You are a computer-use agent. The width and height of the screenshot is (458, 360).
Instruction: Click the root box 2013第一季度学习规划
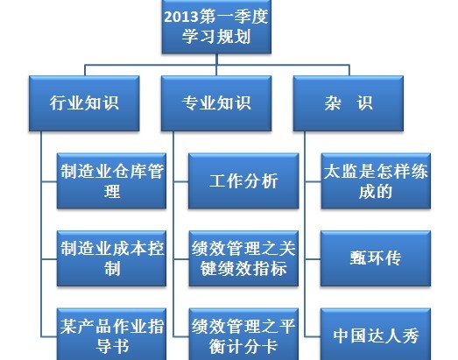coord(216,26)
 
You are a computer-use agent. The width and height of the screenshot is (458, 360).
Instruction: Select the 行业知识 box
coord(84,103)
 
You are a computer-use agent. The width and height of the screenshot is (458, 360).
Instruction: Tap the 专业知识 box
coord(216,103)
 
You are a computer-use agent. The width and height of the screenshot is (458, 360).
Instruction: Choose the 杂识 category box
coord(349,103)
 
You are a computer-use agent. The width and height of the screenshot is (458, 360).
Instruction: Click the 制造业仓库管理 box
coord(111,181)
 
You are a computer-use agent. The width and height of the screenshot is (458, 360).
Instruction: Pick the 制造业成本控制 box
coord(111,258)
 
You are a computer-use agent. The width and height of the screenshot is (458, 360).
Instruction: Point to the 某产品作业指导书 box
coord(111,335)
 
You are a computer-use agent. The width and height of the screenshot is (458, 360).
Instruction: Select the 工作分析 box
coord(243,181)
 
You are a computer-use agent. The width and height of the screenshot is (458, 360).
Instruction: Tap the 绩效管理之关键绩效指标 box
coord(243,258)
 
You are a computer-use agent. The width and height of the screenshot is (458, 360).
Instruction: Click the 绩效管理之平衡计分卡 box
coord(243,335)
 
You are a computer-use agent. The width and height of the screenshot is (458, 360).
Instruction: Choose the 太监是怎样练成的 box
coord(376,181)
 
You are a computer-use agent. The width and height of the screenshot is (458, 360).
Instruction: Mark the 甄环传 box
coord(376,258)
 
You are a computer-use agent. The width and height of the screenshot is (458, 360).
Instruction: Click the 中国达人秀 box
coord(376,335)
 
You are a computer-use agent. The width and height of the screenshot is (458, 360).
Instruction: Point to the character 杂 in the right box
coord(333,103)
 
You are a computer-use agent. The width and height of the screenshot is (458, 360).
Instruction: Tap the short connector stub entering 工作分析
coord(181,181)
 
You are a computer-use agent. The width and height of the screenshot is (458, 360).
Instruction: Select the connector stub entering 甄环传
coord(313,259)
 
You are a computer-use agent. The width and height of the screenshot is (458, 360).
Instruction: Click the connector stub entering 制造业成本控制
coord(49,259)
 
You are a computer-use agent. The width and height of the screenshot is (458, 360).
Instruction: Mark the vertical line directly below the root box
coord(216,65)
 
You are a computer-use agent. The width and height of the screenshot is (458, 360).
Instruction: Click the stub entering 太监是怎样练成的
coord(314,181)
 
